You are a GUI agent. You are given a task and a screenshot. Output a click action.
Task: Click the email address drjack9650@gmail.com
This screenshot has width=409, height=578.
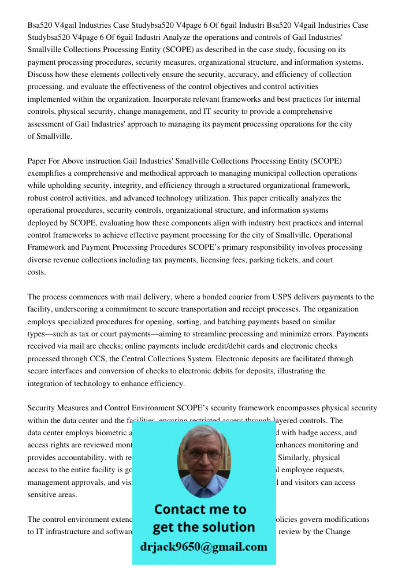pos(203,547)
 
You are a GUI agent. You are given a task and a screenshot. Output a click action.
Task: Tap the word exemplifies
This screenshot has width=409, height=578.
pos(49,173)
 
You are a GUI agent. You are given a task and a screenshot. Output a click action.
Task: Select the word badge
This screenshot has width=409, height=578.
pos(322,433)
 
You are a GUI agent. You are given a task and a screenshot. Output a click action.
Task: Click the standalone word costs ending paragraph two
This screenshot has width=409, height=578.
pos(36,272)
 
